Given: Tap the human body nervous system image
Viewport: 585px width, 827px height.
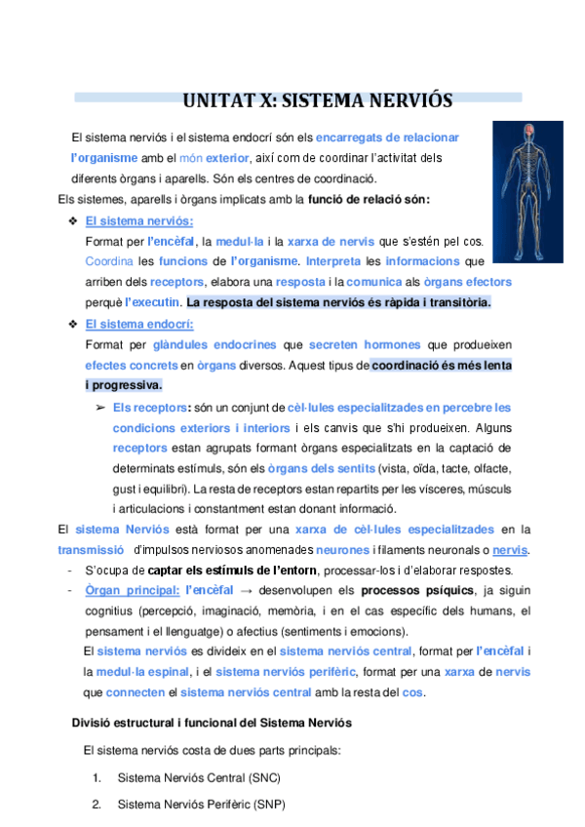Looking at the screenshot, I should [x=526, y=191].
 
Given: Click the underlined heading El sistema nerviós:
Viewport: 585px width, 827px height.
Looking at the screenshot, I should [x=138, y=220].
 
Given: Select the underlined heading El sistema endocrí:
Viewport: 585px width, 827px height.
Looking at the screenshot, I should [x=139, y=324].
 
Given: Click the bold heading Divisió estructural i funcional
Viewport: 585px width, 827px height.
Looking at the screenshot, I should [x=212, y=723].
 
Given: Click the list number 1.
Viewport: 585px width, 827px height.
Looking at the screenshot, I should [x=97, y=778].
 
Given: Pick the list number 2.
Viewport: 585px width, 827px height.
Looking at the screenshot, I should [x=97, y=805].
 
